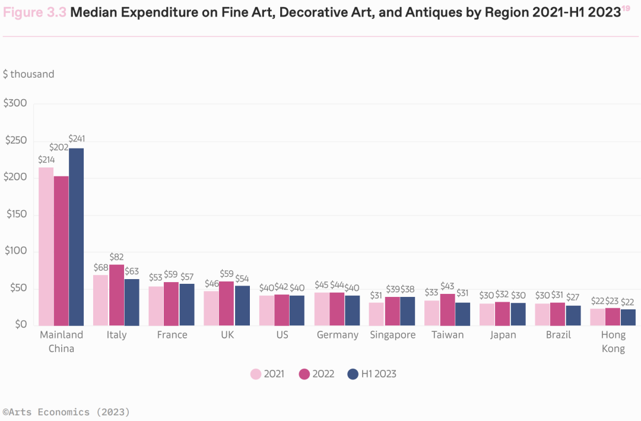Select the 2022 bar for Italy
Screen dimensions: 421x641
click(116, 295)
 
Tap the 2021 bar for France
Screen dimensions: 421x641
click(156, 306)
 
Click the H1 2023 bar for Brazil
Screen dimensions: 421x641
click(573, 315)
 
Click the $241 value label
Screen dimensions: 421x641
click(77, 138)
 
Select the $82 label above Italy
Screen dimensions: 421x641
click(116, 257)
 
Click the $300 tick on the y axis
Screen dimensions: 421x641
click(15, 103)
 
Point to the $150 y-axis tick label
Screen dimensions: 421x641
click(15, 214)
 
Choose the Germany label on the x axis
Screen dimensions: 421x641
click(337, 335)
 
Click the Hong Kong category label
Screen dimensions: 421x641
click(613, 341)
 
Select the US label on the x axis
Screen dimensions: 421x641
click(282, 335)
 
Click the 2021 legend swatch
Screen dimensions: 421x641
click(256, 374)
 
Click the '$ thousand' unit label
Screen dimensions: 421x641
click(28, 74)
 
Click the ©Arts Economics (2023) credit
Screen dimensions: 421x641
click(66, 411)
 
